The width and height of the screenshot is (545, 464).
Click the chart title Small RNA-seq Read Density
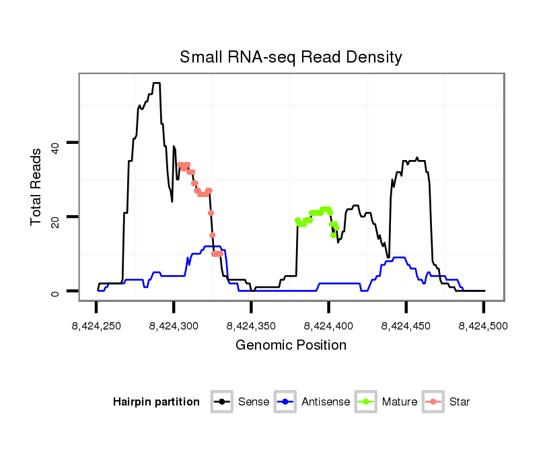[291, 57]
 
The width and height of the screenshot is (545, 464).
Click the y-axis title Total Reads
[38, 187]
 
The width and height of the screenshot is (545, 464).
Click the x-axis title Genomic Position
[291, 346]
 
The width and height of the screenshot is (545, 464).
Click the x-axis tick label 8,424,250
[96, 326]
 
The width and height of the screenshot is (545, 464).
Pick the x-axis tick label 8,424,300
[174, 326]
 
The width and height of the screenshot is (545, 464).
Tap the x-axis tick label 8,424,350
[251, 326]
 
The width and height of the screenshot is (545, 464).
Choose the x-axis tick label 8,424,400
[328, 326]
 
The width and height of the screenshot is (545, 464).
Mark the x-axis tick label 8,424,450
[406, 326]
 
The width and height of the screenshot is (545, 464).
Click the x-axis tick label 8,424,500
[483, 326]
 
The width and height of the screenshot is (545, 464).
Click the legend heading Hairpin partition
[156, 402]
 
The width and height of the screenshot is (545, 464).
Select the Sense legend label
[254, 402]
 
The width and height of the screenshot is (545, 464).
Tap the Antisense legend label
[326, 402]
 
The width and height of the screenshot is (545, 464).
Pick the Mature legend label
[399, 402]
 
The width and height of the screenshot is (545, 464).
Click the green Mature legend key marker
[367, 402]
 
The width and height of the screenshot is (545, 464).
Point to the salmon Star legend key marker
[434, 402]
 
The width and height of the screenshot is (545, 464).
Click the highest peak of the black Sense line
[156, 83]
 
